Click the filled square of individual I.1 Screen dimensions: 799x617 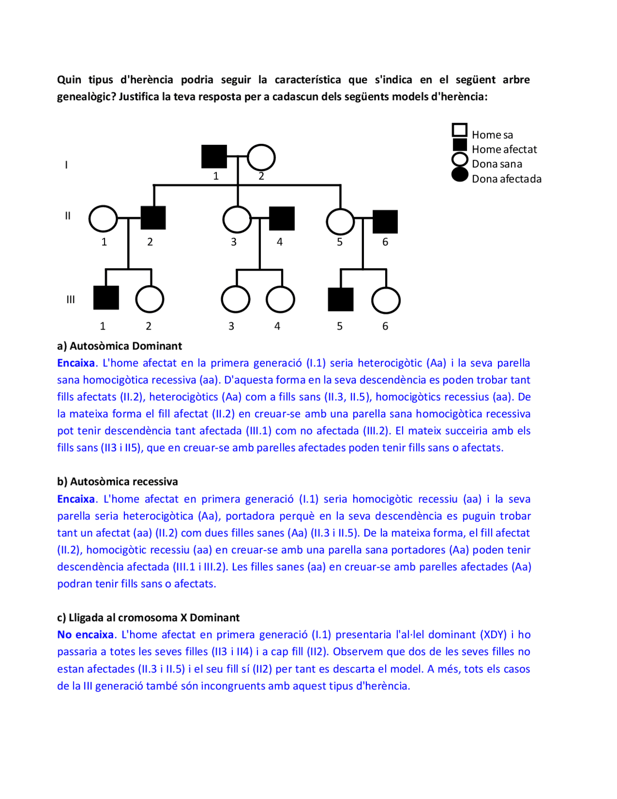point(214,157)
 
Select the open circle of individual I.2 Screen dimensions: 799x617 point(261,158)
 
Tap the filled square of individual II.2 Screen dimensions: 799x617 point(153,218)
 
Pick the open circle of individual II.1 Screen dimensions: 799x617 point(103,219)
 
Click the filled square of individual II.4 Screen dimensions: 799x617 point(282,218)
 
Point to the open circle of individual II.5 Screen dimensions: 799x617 point(340,221)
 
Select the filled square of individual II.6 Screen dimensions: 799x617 point(385,222)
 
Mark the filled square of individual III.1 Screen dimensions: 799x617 point(106,298)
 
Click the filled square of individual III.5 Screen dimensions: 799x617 point(340,299)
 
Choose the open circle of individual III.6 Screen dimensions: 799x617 point(386,300)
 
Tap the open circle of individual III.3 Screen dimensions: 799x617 point(235,299)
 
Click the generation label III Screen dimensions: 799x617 point(70,300)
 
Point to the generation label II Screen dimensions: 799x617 point(67,216)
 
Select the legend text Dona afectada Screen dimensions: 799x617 point(506,179)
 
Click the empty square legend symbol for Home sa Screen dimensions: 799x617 point(459,130)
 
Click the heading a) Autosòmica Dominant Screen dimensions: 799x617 point(119,346)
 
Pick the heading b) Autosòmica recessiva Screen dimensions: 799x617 point(117,482)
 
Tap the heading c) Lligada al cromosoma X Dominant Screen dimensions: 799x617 point(148,618)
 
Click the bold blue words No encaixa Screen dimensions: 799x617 point(85,634)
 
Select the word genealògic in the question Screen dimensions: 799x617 point(84,97)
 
